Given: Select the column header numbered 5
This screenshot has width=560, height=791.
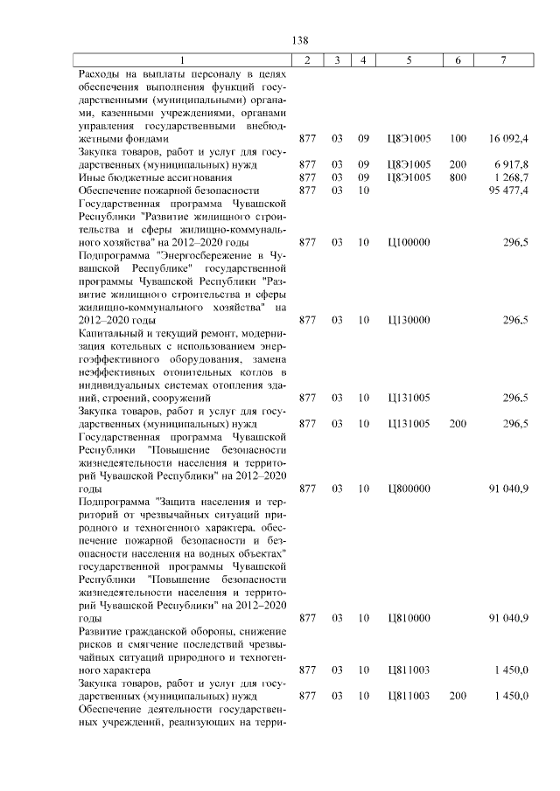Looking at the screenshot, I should click(x=409, y=59).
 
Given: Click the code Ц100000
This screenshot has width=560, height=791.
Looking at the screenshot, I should click(x=409, y=241).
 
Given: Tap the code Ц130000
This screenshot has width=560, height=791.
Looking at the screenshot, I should click(x=409, y=320).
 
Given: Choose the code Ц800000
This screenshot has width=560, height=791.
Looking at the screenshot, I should click(x=409, y=489).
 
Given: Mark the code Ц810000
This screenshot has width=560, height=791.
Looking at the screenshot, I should click(x=409, y=618).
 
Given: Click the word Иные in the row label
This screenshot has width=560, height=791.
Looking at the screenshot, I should click(x=91, y=177).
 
